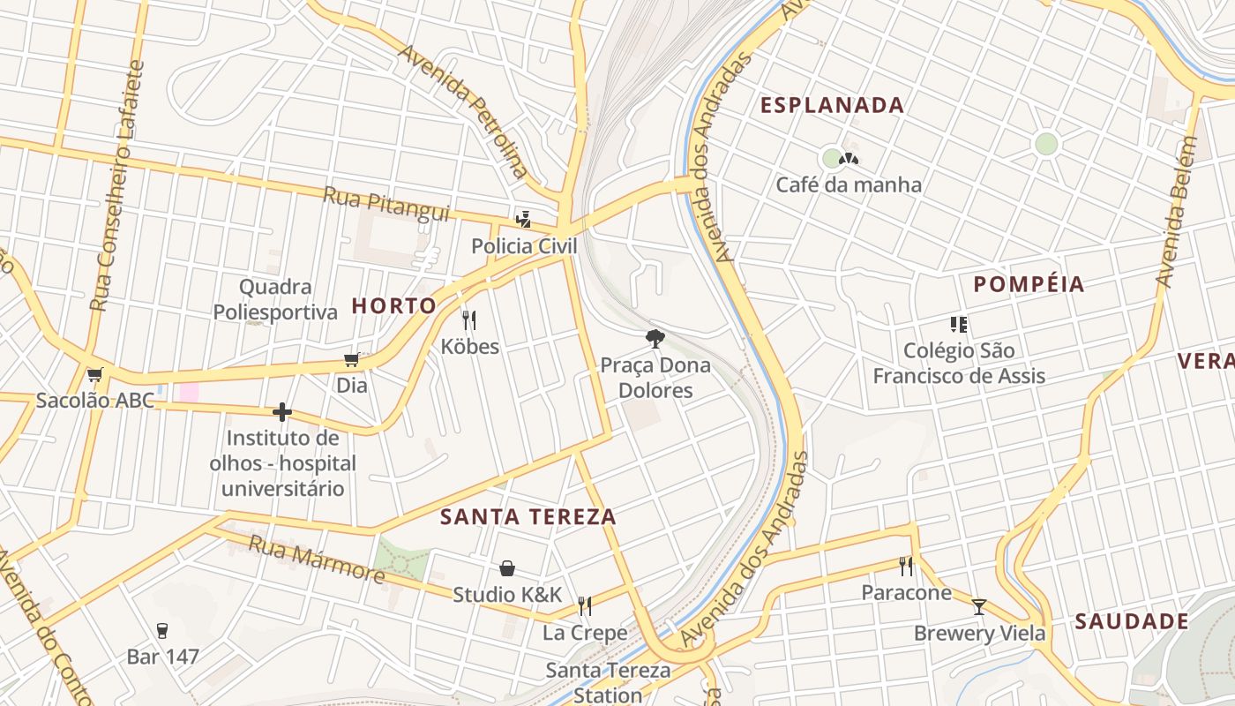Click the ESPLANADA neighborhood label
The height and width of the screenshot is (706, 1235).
[x=832, y=105]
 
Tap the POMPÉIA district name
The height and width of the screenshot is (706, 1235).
[x=1029, y=284]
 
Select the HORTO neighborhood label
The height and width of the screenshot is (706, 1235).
[x=393, y=306]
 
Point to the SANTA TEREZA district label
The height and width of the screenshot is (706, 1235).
[x=528, y=517]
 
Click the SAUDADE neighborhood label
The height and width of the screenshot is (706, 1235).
[x=1131, y=621]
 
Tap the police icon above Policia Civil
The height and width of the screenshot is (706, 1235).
[x=523, y=219]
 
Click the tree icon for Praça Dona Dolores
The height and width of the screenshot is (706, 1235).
[x=655, y=337]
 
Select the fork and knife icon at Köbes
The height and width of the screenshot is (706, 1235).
[x=469, y=319]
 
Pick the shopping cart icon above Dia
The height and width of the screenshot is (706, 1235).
[x=351, y=359]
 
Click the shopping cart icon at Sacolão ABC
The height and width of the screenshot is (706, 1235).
[x=94, y=374]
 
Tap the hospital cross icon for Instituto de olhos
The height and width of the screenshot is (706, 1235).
[x=282, y=412]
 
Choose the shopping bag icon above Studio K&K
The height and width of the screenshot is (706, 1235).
[x=507, y=568]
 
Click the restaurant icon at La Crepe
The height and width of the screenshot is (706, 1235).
[x=584, y=605]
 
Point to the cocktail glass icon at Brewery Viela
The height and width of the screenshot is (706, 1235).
[x=978, y=606]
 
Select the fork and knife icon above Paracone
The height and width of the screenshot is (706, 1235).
[x=906, y=565]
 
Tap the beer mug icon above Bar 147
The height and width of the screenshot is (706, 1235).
[x=162, y=630]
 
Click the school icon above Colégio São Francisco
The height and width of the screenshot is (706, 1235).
[x=959, y=324]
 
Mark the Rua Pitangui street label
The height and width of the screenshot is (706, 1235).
[x=386, y=204]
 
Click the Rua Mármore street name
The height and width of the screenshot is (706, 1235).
[x=317, y=559]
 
